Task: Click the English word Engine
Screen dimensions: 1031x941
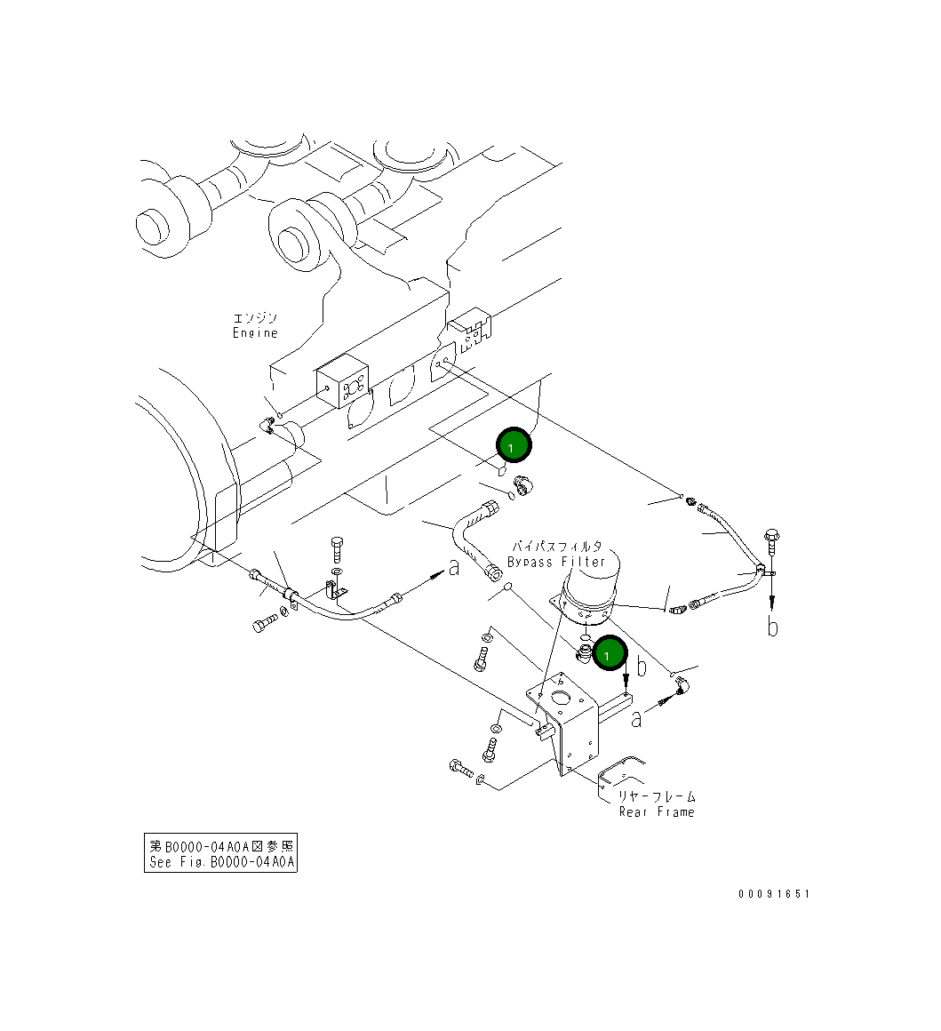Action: click(255, 333)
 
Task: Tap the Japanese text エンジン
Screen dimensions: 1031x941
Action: click(255, 318)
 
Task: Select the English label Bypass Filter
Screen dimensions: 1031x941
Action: click(556, 562)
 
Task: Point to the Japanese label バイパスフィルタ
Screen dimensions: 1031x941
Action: click(556, 547)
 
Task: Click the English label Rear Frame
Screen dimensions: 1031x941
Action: click(657, 811)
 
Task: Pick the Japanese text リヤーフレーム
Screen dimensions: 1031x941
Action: click(657, 796)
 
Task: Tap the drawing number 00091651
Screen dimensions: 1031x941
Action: click(773, 894)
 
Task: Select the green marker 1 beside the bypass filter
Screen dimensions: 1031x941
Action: click(610, 656)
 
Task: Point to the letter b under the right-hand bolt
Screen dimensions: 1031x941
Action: click(773, 627)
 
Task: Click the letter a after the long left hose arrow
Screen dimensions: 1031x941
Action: click(454, 567)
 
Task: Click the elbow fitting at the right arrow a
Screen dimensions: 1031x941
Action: click(682, 684)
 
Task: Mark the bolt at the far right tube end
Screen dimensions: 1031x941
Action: click(770, 539)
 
